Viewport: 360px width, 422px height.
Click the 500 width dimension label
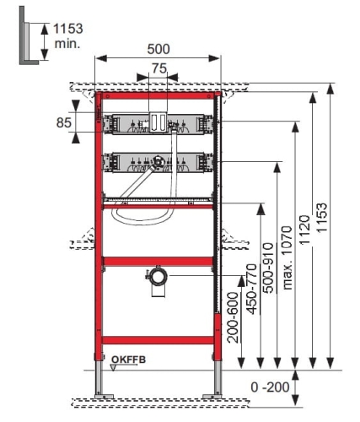coord(159,49)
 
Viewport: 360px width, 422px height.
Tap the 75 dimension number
coord(159,68)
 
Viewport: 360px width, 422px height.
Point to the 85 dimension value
coord(64,122)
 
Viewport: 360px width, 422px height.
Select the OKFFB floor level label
coord(129,360)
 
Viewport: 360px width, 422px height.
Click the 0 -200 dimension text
coord(270,387)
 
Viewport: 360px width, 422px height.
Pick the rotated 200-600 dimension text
coord(233,317)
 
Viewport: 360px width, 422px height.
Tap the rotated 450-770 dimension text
coord(252,289)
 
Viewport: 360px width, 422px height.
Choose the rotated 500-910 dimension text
coord(268,268)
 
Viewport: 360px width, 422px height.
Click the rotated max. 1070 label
coord(287,257)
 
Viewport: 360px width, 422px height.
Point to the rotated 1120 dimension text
coord(304,230)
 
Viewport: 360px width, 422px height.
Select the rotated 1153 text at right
coord(322,218)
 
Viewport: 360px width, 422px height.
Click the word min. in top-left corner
coord(67,44)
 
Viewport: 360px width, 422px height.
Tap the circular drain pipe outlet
coord(158,277)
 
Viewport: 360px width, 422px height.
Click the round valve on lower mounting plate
coord(158,162)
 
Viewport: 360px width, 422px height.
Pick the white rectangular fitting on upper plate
coord(158,122)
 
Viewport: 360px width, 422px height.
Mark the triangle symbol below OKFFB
coord(113,367)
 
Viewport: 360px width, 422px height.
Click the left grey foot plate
coord(104,397)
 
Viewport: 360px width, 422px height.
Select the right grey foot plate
coord(212,397)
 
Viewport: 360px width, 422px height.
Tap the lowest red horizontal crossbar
coord(158,340)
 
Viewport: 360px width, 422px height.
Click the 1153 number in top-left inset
coord(68,29)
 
